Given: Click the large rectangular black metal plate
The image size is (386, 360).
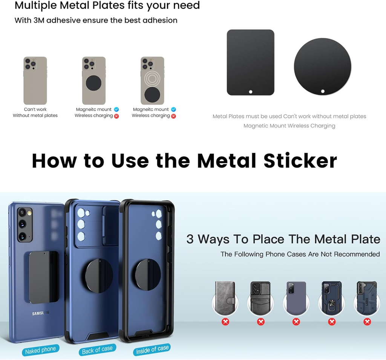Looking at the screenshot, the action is pyautogui.click(x=250, y=62).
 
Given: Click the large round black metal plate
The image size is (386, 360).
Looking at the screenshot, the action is pyautogui.click(x=323, y=66).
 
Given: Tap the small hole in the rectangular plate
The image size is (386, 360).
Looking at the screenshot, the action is pyautogui.click(x=251, y=92).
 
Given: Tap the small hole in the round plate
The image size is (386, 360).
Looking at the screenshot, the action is pyautogui.click(x=323, y=92).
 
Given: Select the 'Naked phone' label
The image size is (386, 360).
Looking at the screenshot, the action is pyautogui.click(x=40, y=350).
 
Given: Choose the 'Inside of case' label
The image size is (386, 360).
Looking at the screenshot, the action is pyautogui.click(x=152, y=349).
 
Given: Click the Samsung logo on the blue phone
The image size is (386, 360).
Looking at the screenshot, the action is pyautogui.click(x=41, y=313).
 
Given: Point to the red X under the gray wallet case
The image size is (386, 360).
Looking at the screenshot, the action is pyautogui.click(x=225, y=322).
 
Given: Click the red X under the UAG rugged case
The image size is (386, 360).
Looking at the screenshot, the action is pyautogui.click(x=367, y=322).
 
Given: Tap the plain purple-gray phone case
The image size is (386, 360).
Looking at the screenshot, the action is pyautogui.click(x=296, y=298).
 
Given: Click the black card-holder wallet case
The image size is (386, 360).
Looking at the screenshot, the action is pyautogui.click(x=261, y=298).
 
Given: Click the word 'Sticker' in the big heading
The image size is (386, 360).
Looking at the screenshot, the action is pyautogui.click(x=300, y=161).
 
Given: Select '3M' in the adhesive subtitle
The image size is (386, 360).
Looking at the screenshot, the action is pyautogui.click(x=39, y=20).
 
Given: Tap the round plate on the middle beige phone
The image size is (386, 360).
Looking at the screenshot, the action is pyautogui.click(x=93, y=83).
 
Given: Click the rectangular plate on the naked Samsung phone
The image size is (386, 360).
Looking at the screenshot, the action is pyautogui.click(x=44, y=278).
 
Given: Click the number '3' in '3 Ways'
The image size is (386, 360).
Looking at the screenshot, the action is pyautogui.click(x=190, y=239).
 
